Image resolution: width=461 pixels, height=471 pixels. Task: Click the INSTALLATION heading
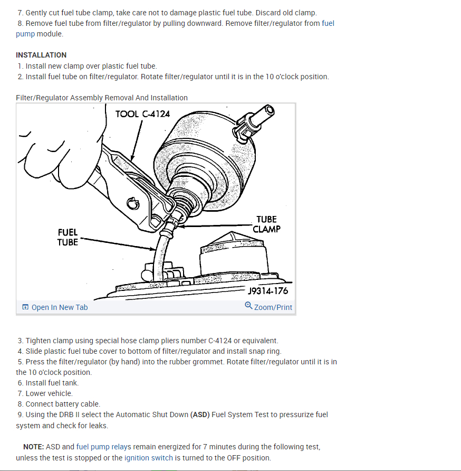(41, 55)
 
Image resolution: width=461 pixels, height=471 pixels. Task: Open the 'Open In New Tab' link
(60, 307)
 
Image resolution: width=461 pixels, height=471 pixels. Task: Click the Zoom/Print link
(273, 307)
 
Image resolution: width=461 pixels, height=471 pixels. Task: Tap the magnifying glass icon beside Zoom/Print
(248, 306)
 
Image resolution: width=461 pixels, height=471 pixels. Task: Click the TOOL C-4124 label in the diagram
(142, 114)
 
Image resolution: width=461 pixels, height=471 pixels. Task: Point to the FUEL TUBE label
(68, 237)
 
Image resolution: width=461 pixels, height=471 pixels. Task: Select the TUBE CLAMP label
(266, 224)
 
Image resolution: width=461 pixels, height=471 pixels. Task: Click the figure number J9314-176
(268, 291)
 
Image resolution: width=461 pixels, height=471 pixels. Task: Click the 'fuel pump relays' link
(103, 447)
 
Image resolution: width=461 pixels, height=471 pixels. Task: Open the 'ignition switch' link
(149, 458)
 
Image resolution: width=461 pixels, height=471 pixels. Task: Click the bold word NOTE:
(34, 447)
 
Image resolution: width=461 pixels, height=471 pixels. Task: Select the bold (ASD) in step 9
(200, 415)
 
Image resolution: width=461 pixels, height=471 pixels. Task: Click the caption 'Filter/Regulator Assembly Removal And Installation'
(102, 98)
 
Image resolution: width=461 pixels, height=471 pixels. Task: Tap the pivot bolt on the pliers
(132, 203)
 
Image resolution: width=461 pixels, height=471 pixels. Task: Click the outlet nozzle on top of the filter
(262, 116)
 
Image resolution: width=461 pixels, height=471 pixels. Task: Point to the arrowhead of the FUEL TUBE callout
(153, 249)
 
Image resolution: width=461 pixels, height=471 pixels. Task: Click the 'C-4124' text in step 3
(220, 341)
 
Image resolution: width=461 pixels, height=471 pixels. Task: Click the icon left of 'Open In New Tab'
(25, 307)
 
